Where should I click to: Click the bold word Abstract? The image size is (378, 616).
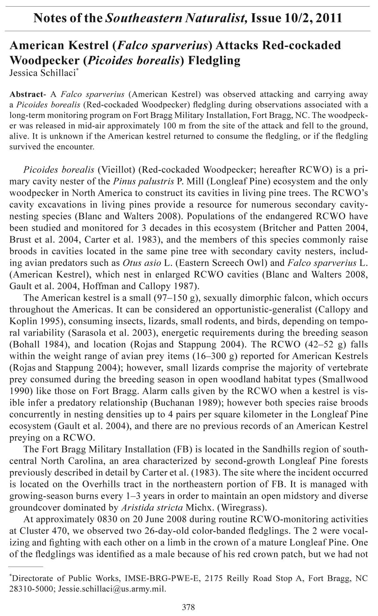coord(26,94)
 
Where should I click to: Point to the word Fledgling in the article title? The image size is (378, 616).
coord(214,60)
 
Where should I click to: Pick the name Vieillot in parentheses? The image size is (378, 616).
coord(116,170)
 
